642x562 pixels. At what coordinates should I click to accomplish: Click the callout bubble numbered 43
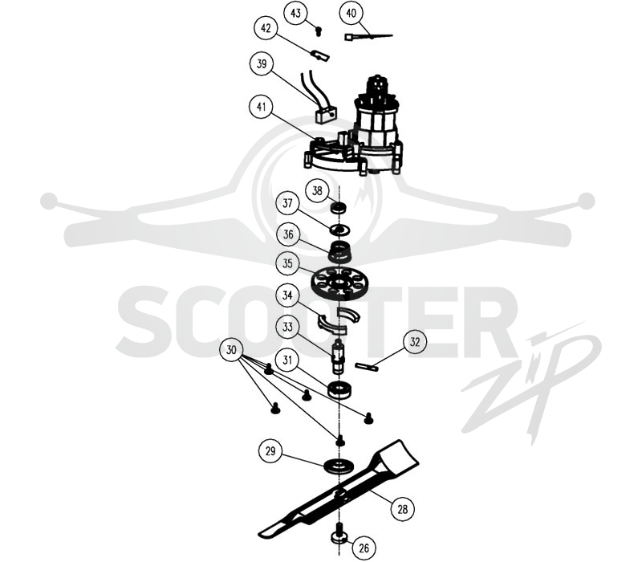coord(295,13)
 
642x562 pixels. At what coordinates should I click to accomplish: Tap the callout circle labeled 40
coord(351,13)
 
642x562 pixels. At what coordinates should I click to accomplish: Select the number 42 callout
coord(266,28)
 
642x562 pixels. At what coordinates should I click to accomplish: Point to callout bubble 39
coord(262,63)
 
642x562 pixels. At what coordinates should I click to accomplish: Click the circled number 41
coord(262,107)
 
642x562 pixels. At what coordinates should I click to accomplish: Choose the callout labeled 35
coord(288,263)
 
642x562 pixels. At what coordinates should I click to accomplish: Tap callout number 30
coord(231,350)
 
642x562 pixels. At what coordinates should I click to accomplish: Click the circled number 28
coord(403,509)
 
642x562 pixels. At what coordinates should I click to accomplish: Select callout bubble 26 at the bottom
coord(364,548)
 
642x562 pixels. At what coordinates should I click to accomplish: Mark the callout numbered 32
coord(415,342)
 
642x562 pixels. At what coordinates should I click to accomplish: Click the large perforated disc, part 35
coord(337,283)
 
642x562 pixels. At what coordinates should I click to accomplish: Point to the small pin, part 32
coord(368,367)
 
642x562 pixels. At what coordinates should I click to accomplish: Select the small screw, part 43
coord(319,31)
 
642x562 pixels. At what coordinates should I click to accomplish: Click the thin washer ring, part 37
coord(339,230)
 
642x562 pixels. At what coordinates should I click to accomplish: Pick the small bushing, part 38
coord(338,208)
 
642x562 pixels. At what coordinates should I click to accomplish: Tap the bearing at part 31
coord(339,389)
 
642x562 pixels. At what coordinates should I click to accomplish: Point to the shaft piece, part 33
coord(338,356)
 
